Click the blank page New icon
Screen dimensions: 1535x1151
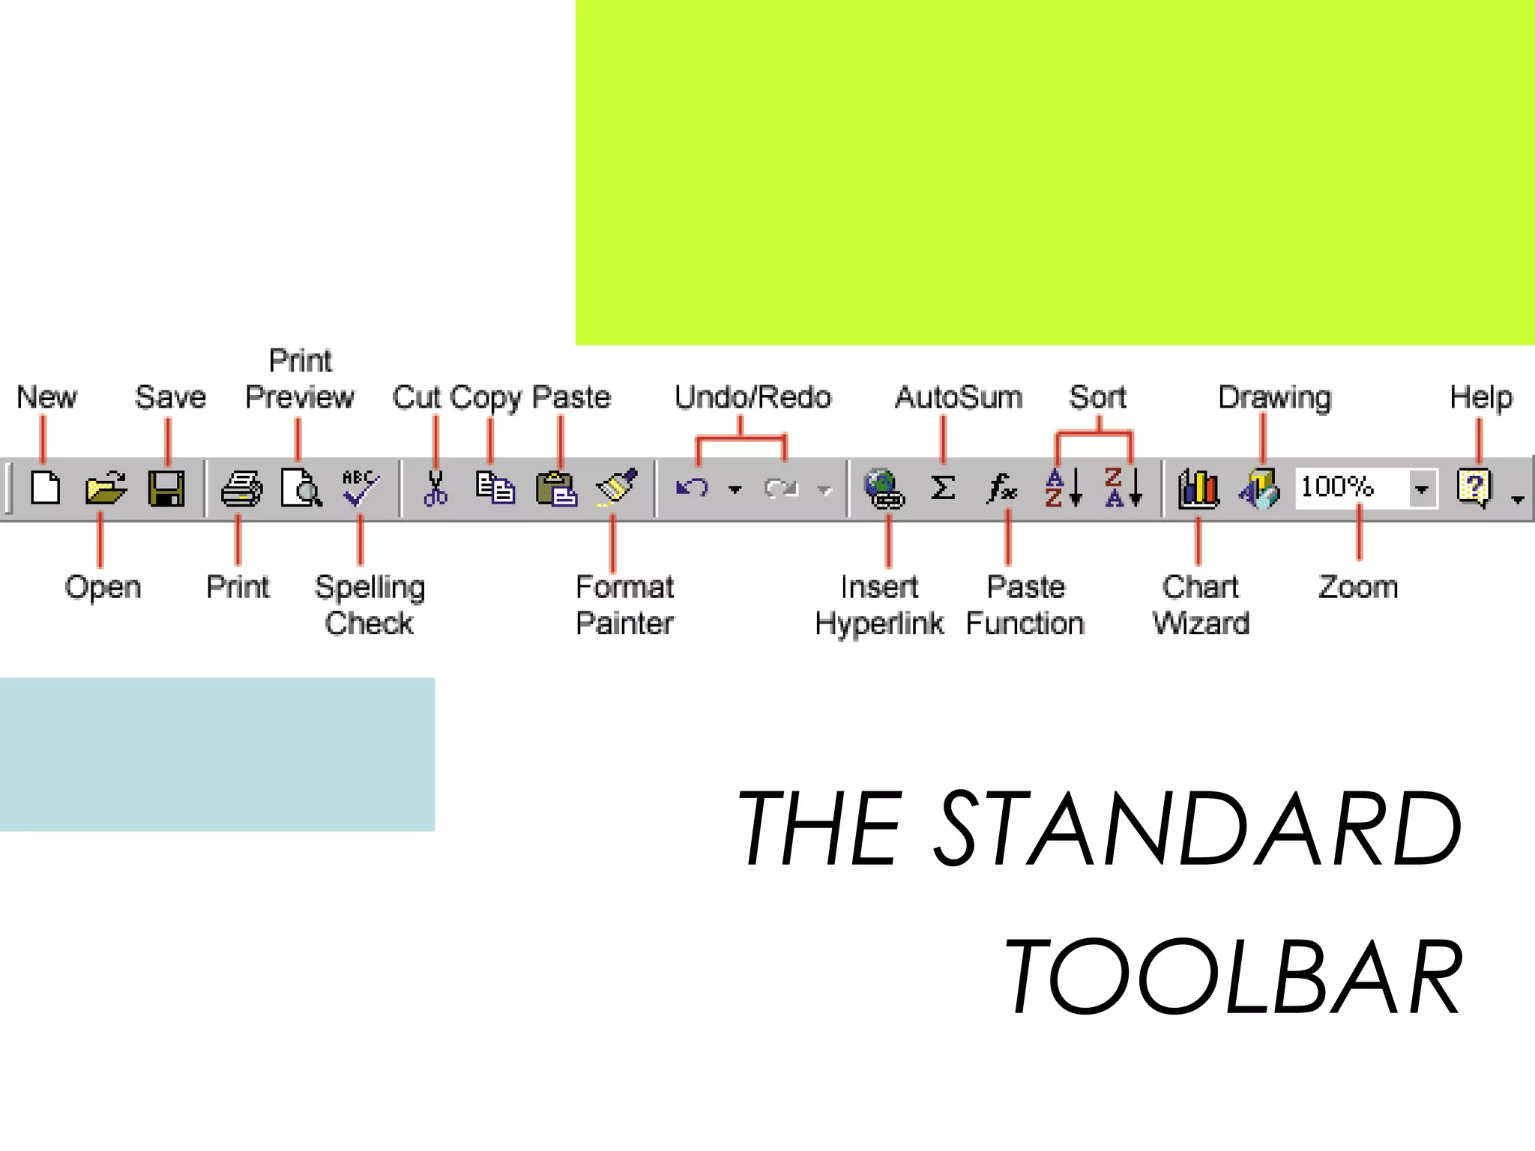46,489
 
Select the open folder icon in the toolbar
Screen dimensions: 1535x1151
106,489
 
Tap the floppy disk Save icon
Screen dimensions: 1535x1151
166,489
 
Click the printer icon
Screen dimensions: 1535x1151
241,489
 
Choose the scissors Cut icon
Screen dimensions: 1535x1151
435,489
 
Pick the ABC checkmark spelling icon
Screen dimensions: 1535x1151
361,489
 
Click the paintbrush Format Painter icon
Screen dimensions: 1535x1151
616,487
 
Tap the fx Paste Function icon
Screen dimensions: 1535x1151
1002,489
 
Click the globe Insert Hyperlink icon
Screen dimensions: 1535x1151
884,489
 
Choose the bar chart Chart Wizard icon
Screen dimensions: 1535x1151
1198,489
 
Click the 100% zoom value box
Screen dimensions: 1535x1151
1349,488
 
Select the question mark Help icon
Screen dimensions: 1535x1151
1474,488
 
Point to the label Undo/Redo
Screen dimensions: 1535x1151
753,397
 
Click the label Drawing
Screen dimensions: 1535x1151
1274,397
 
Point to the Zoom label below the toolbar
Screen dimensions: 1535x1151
1358,587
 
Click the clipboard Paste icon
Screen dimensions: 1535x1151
556,489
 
